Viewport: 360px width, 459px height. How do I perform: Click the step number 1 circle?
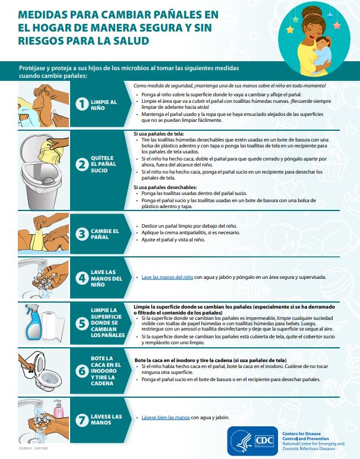tap(82, 105)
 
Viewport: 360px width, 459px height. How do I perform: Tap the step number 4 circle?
tap(82, 278)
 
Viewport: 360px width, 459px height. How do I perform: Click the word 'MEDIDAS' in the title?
tap(45, 15)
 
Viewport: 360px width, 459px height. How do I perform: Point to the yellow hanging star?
tap(291, 27)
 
